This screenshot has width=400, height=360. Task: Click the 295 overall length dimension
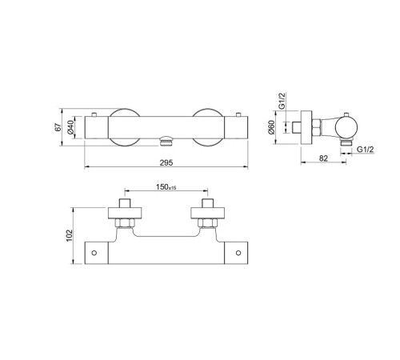166,162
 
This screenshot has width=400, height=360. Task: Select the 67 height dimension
58,127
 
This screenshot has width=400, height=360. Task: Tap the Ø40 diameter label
70,127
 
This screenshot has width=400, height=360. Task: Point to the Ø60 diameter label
271,127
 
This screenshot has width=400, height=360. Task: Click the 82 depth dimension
323,158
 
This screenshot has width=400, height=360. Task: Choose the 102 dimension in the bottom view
70,235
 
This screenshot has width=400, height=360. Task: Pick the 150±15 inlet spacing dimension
166,187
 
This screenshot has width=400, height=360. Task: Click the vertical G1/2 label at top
282,101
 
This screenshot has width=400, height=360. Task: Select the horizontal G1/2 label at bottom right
366,150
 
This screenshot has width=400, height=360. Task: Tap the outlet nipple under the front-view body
166,141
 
